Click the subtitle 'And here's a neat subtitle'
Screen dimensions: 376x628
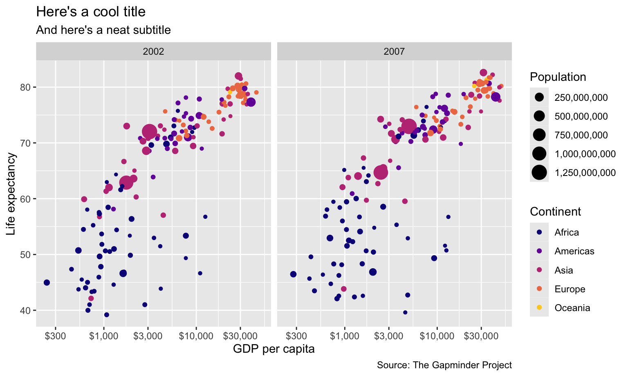[103, 30]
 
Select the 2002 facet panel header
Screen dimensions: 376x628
[153, 51]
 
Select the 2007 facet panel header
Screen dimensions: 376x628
[394, 51]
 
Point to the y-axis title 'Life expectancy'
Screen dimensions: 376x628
[11, 194]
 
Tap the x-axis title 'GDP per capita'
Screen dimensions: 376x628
[274, 349]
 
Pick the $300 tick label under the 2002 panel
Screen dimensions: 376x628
[55, 336]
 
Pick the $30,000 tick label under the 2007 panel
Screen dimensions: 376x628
[481, 336]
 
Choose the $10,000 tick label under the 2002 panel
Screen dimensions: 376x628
[196, 336]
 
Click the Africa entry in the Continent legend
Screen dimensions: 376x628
[567, 232]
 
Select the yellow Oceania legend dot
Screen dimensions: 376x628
[539, 307]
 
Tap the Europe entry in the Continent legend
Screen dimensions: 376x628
[570, 289]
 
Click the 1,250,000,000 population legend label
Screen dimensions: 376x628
[585, 173]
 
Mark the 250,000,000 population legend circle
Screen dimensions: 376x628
[539, 98]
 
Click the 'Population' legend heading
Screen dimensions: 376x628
[558, 77]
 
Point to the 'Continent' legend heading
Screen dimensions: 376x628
[555, 211]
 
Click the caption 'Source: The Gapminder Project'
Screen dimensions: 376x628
[444, 365]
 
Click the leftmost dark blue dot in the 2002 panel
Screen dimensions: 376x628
[47, 283]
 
